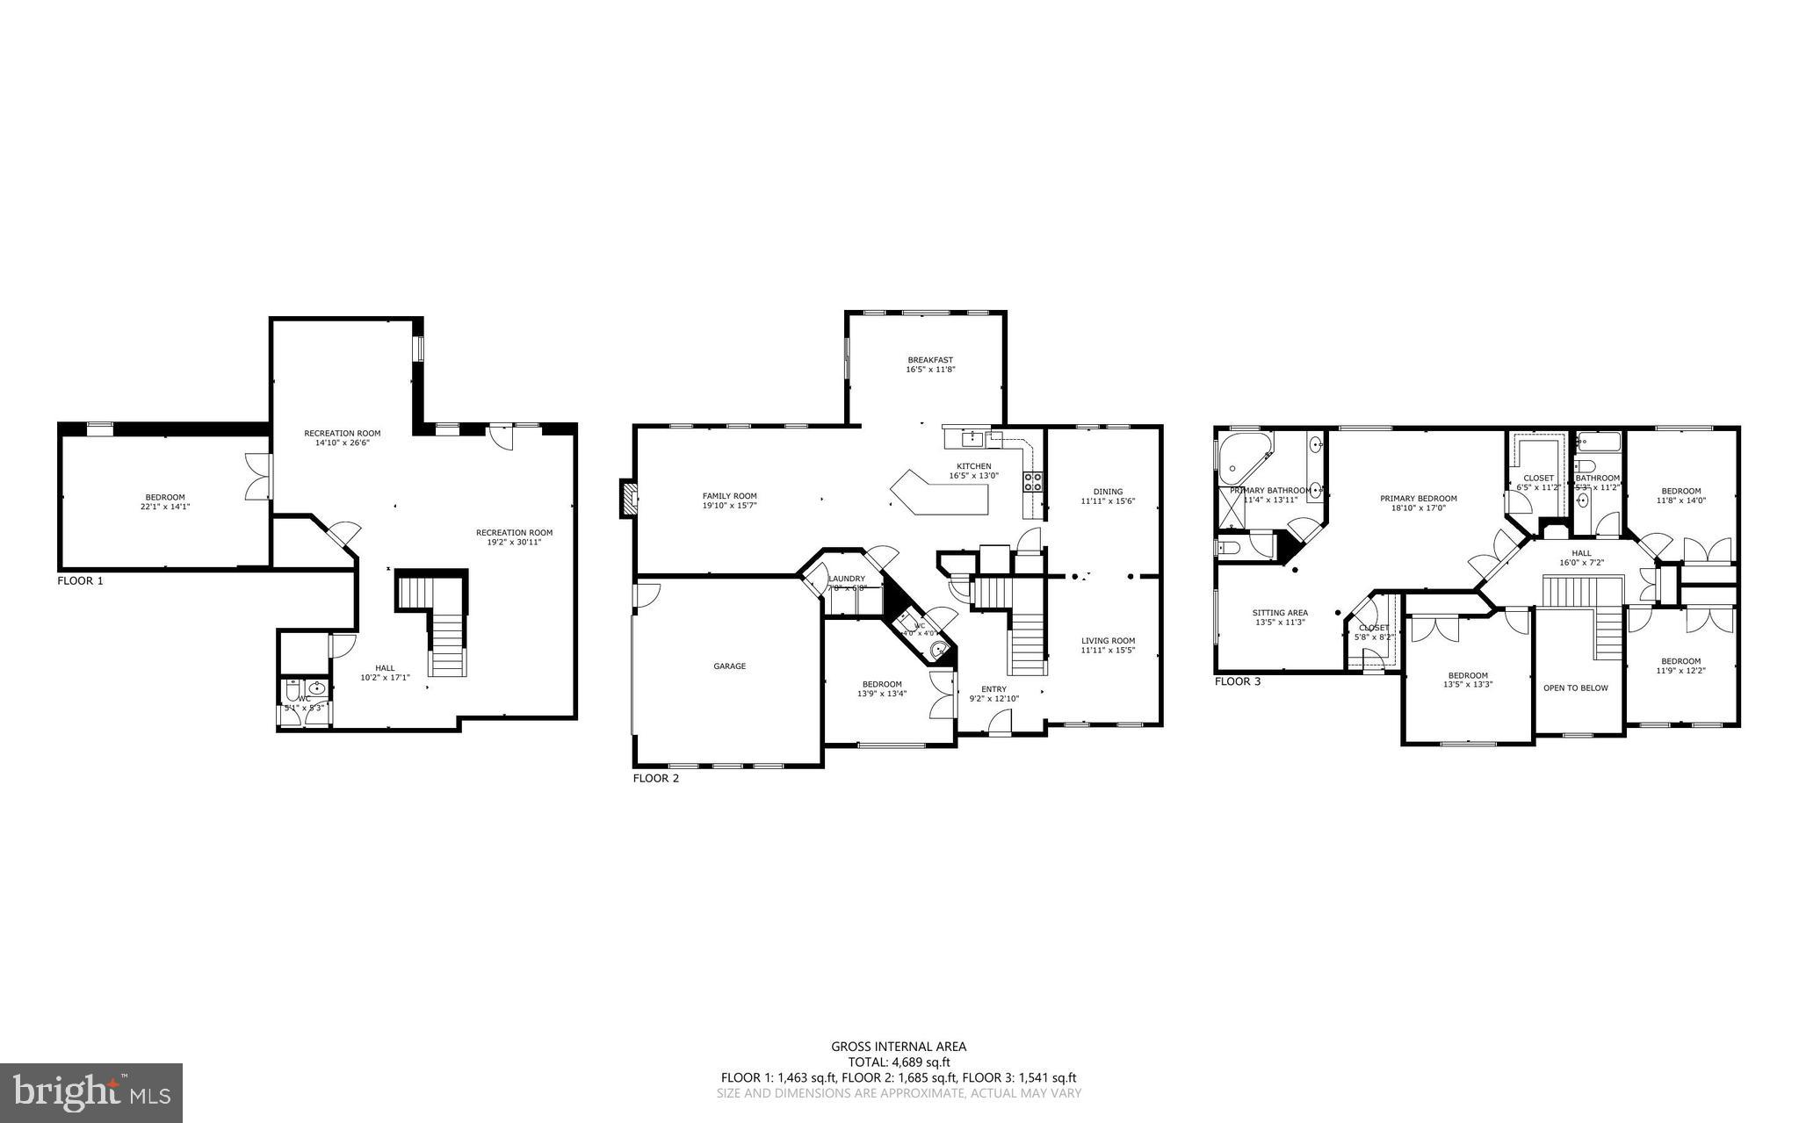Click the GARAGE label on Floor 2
pos(729,666)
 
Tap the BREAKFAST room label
pos(930,360)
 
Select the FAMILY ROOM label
pos(729,496)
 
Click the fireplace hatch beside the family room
pos(628,499)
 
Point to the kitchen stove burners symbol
pos(1032,480)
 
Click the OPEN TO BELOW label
pos(1576,687)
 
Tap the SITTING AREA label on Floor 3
pos(1280,613)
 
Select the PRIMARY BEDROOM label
pos(1418,499)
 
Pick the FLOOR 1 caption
pos(80,580)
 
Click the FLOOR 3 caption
pos(1238,681)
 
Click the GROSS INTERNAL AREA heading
pos(899,1046)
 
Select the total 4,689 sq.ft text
pos(899,1062)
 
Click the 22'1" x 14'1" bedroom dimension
pos(165,507)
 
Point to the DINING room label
pos(1108,492)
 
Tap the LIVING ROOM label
pos(1108,641)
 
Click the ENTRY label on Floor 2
pos(993,689)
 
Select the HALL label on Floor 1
pos(385,668)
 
